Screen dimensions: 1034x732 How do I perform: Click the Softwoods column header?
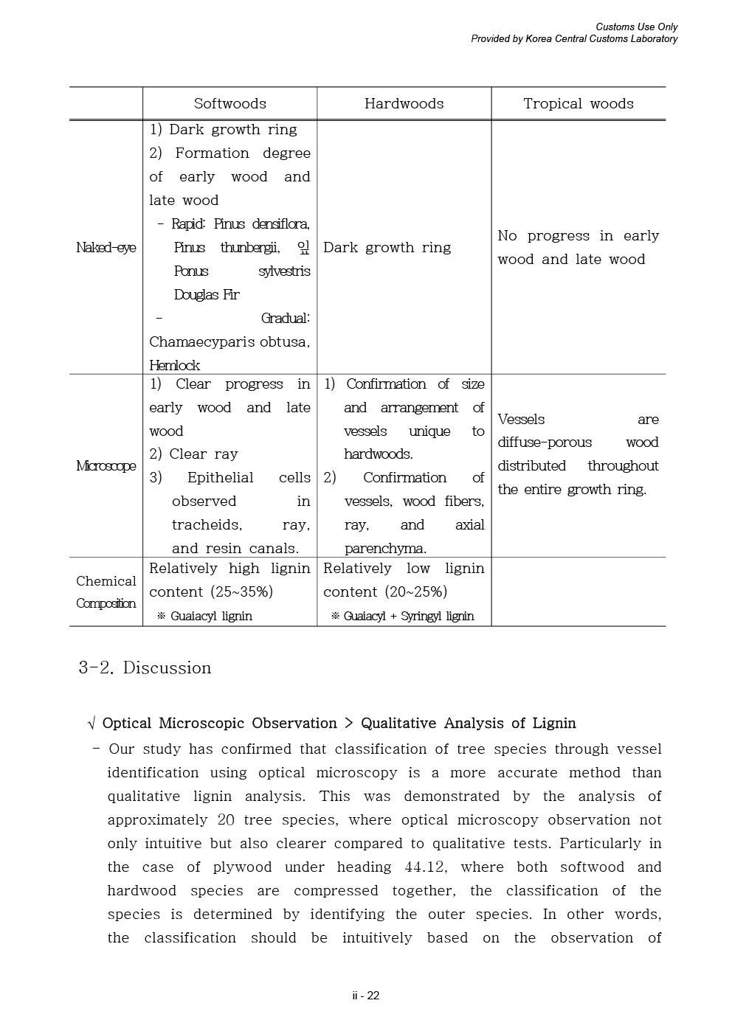[x=229, y=104]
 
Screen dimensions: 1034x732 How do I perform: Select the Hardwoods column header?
[x=404, y=104]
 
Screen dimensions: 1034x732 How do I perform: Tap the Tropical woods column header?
[x=578, y=104]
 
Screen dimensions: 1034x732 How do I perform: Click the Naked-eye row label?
[x=106, y=248]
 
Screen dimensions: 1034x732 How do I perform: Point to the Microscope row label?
[x=106, y=466]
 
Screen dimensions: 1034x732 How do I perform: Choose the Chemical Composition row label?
[x=106, y=592]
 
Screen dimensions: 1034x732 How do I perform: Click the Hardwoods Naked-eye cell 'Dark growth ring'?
[x=387, y=248]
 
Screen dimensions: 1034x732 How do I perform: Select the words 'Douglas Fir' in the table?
[x=207, y=295]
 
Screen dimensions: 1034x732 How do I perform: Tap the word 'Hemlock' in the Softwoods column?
[x=174, y=365]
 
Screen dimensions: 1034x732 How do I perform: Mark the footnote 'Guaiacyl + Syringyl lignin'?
[x=408, y=617]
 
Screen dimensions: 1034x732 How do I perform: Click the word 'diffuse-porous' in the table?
[x=545, y=443]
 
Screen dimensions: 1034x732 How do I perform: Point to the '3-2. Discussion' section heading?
[x=145, y=668]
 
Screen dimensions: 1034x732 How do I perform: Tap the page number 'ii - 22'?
[x=365, y=996]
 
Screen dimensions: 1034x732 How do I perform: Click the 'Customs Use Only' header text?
[x=636, y=27]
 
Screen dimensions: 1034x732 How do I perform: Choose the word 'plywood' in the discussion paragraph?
[x=242, y=867]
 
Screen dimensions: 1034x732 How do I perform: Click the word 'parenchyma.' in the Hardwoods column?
[x=385, y=549]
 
